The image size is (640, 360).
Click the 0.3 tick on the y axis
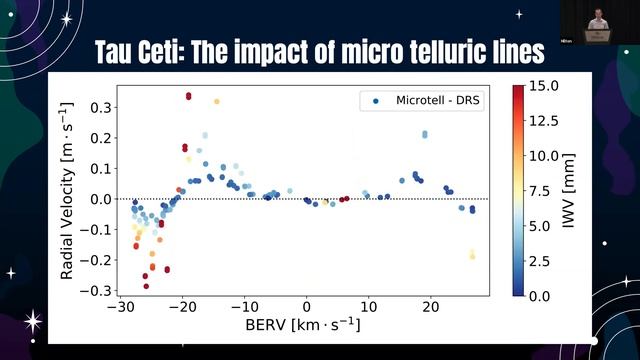(x=98, y=106)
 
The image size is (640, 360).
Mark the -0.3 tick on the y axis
(x=95, y=291)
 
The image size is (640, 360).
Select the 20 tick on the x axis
(x=430, y=307)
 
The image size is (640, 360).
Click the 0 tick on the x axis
(x=306, y=307)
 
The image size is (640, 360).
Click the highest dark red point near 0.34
(x=188, y=96)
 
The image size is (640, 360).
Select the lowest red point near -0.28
(x=146, y=286)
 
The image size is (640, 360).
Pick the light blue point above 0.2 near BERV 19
(x=425, y=133)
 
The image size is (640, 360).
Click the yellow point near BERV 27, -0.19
(x=472, y=256)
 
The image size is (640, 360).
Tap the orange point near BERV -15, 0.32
(x=216, y=102)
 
